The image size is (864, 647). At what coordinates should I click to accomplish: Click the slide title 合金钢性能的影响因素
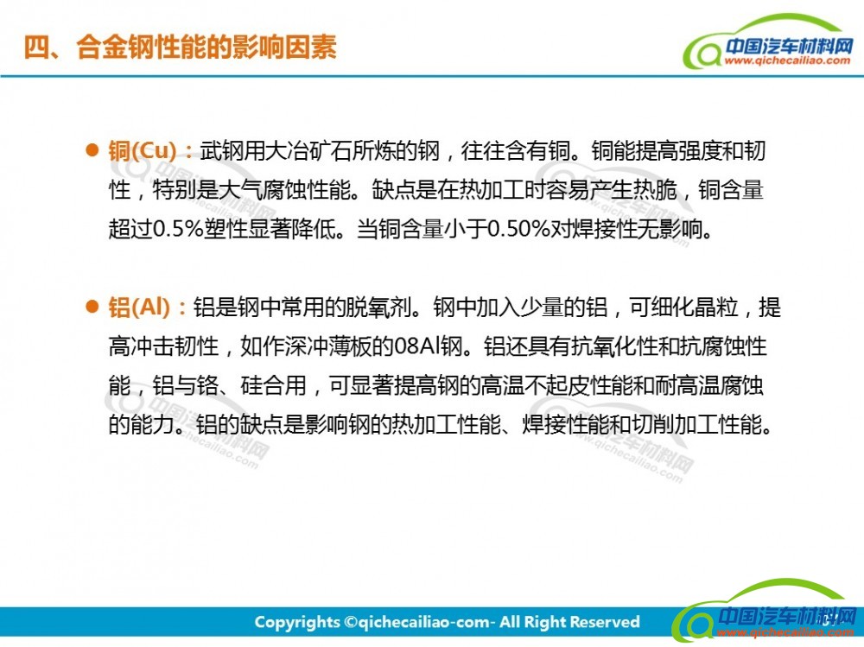206,47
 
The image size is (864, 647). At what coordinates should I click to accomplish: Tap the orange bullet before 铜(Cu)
92,149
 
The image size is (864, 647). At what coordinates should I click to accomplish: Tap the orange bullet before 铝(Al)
92,306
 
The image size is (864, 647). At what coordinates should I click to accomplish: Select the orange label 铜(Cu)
143,150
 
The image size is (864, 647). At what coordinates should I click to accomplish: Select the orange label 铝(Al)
139,307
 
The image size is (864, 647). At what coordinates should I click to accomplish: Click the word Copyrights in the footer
297,622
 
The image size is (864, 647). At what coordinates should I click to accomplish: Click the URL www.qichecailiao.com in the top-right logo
787,60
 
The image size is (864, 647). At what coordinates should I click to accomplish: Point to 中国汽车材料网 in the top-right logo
789,45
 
